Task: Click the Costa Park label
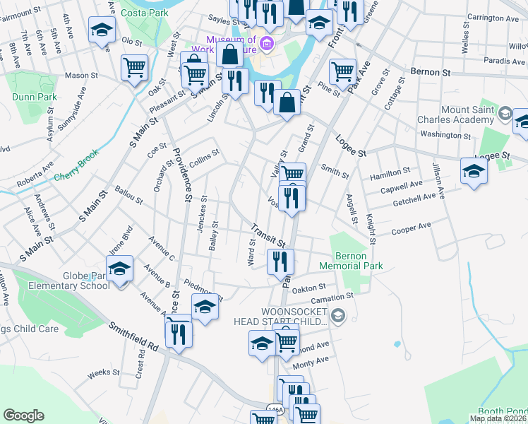(144, 13)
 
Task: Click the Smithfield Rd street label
(134, 337)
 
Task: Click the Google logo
(23, 416)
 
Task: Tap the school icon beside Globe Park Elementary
(120, 270)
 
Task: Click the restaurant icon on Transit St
(280, 261)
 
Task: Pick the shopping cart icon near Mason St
(134, 68)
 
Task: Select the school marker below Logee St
(474, 170)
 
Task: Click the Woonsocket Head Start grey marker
(338, 315)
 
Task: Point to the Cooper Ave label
(411, 227)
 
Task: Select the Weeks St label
(104, 372)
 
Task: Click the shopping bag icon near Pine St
(287, 103)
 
